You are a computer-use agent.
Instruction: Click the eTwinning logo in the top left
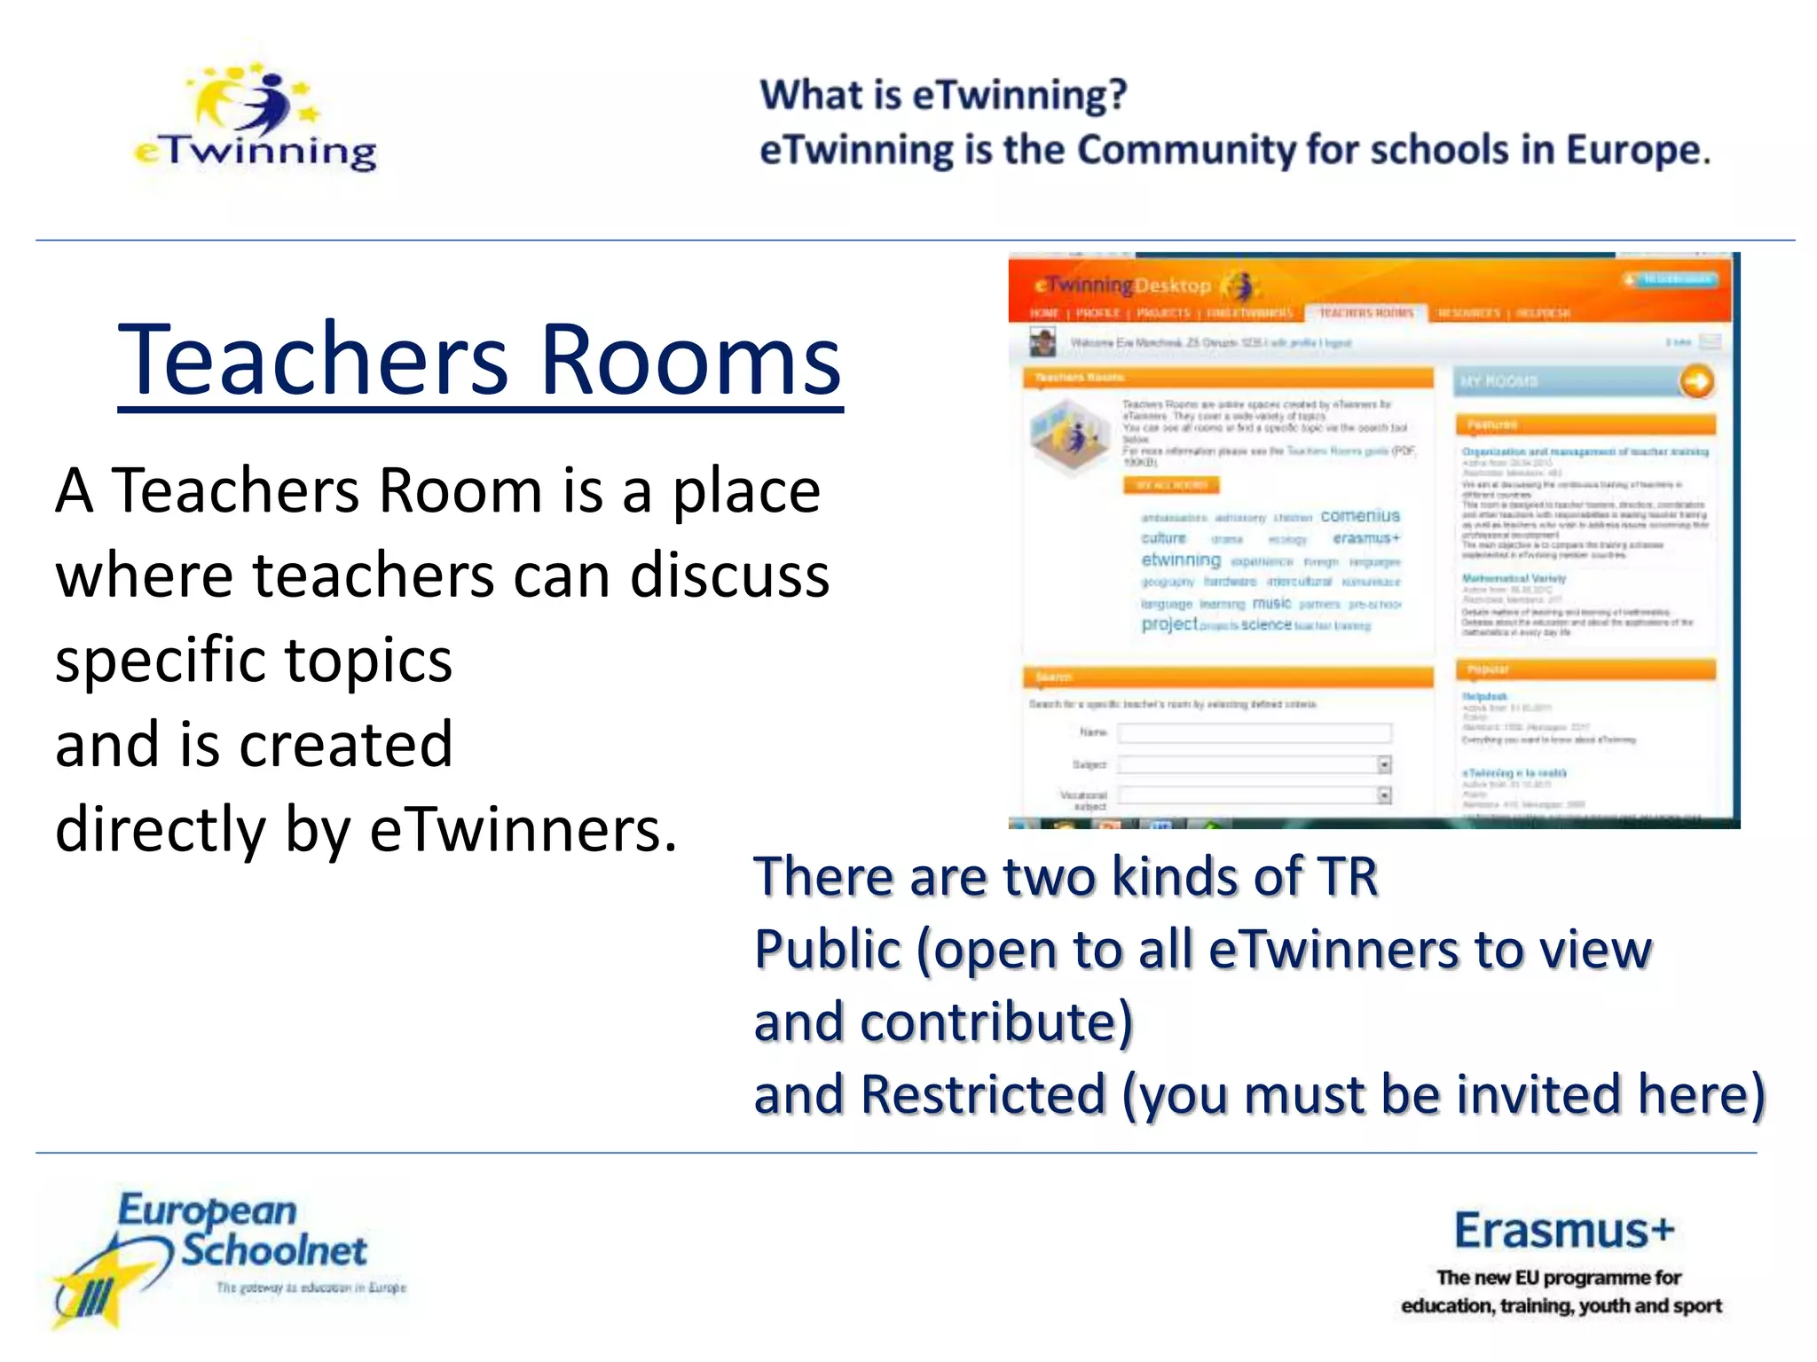click(256, 120)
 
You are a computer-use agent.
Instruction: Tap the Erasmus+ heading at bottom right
click(1563, 1231)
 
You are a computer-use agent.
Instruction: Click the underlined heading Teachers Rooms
click(479, 360)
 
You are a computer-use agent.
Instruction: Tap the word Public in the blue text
click(827, 950)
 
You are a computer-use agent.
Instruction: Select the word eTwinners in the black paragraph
click(523, 830)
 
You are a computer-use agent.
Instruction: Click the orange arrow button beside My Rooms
click(1696, 382)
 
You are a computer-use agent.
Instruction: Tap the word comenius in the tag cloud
click(1359, 516)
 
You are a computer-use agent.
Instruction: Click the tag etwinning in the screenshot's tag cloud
click(1180, 560)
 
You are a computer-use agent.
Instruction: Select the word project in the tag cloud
click(1168, 624)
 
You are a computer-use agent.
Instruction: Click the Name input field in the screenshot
click(1254, 732)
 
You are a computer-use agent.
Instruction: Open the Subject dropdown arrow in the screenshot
click(1383, 764)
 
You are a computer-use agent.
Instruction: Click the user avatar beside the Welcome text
click(1042, 342)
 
